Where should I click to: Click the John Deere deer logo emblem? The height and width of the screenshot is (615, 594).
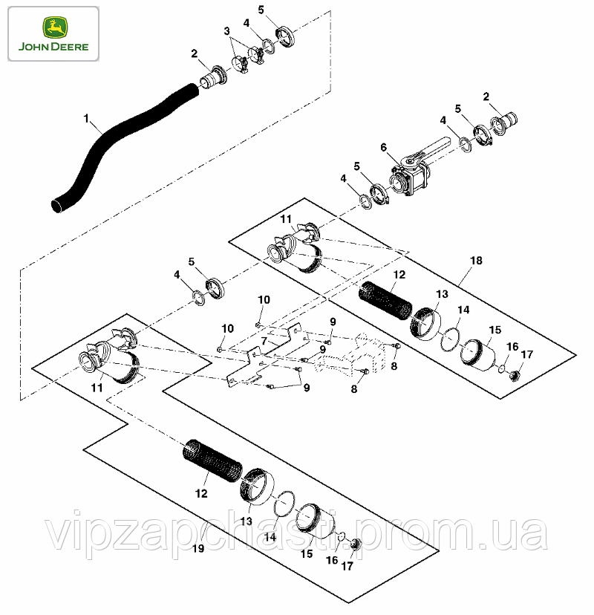55,27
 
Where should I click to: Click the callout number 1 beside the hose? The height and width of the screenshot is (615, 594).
86,118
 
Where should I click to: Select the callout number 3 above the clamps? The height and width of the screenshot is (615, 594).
226,31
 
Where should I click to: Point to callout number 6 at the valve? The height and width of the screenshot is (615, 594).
383,148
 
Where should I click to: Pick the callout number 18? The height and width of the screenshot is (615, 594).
476,261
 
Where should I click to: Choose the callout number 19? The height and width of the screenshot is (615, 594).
198,548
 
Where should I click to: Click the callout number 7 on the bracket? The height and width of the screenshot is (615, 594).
264,341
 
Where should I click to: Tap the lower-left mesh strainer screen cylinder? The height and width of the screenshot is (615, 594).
212,461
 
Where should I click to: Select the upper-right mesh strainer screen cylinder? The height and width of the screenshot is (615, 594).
386,299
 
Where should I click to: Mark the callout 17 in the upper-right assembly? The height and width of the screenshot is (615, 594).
527,354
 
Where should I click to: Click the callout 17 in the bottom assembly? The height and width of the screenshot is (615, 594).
347,567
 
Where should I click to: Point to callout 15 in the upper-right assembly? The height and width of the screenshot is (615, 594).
495,330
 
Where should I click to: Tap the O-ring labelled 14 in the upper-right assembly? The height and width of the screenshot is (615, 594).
450,339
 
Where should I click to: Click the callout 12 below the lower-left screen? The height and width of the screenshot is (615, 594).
201,493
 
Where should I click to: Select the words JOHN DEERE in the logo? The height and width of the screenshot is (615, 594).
53,47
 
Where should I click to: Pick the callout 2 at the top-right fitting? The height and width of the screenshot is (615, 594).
486,97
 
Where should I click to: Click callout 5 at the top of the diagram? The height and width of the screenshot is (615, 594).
261,10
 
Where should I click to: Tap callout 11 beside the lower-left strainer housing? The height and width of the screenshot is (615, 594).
97,388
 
